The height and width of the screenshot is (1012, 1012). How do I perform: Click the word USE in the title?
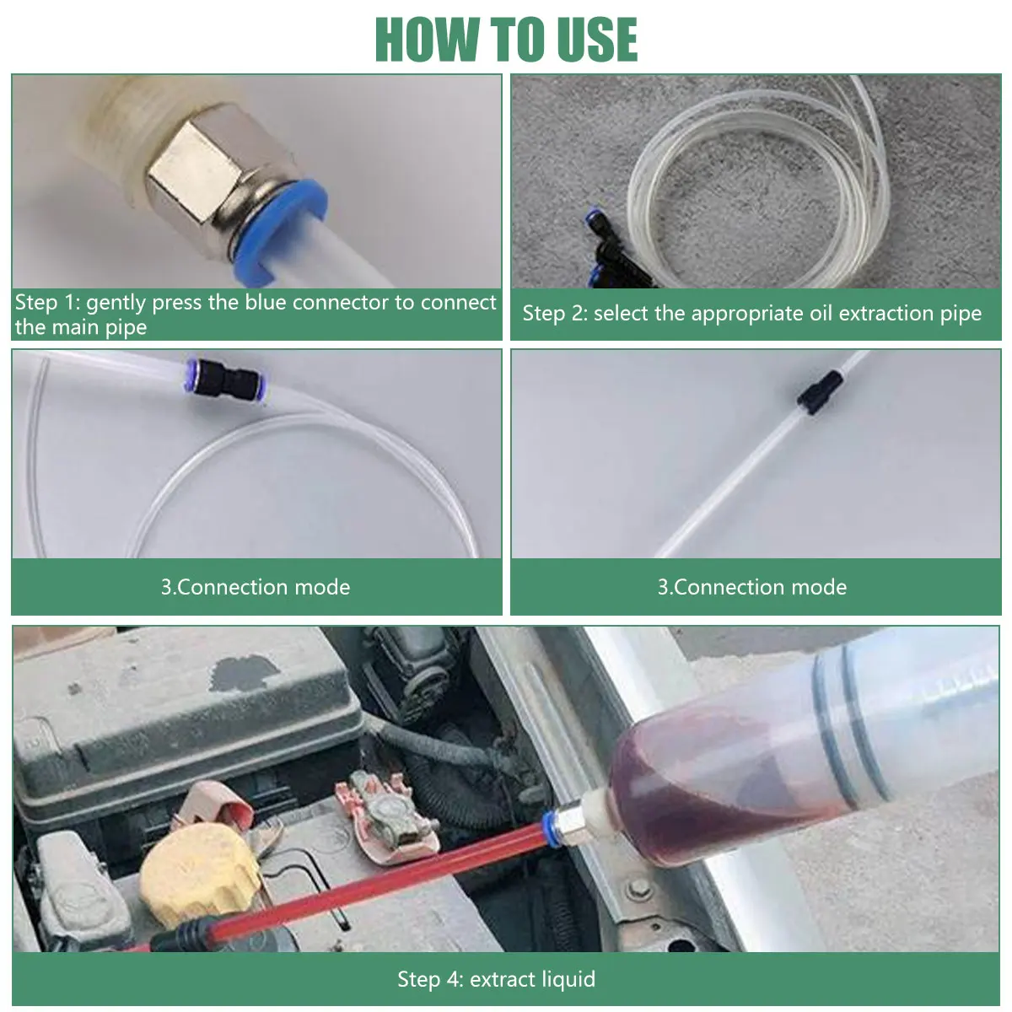pyautogui.click(x=597, y=40)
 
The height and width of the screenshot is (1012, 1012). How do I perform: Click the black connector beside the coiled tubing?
pyautogui.click(x=611, y=248)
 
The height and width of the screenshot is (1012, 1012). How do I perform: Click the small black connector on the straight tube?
pyautogui.click(x=819, y=392)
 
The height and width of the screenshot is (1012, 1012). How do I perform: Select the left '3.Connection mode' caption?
pyautogui.click(x=256, y=587)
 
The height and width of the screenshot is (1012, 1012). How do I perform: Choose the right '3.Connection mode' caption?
pyautogui.click(x=752, y=587)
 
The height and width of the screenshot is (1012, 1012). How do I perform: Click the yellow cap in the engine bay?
pyautogui.click(x=200, y=875)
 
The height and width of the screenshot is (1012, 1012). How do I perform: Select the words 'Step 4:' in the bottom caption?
pyautogui.click(x=431, y=979)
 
